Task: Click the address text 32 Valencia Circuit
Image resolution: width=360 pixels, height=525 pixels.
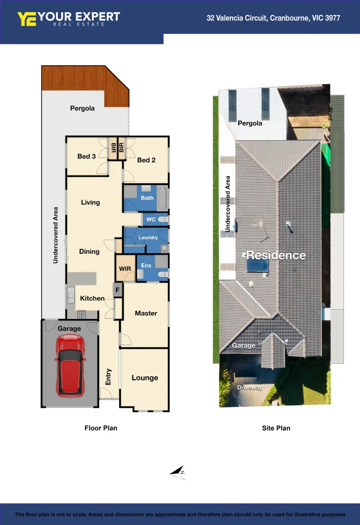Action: pos(273,18)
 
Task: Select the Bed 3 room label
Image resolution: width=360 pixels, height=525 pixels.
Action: pos(86,156)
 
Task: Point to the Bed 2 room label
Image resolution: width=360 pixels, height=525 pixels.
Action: pos(146,160)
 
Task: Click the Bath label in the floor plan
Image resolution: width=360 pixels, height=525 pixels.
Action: pos(147,198)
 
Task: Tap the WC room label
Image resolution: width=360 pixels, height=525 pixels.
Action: pos(151,220)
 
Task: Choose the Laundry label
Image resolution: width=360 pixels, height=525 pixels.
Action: pos(148,238)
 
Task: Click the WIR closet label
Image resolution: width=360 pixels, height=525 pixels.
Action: pos(125,269)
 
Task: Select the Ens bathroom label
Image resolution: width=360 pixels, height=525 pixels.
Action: pos(146,265)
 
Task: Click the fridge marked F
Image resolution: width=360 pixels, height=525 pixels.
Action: pos(118,290)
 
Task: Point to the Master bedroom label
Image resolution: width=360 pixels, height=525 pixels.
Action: pos(146,313)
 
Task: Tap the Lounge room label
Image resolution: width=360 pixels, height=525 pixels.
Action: pos(145,378)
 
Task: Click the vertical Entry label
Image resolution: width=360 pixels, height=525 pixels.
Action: pos(108,377)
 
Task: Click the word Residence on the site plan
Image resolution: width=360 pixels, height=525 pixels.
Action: pos(276,255)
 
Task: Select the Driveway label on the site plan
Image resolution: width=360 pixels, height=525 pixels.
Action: pos(250,388)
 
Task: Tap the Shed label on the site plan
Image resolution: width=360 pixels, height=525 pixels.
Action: pos(332,114)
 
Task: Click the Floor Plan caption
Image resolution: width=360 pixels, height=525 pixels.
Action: pos(101,428)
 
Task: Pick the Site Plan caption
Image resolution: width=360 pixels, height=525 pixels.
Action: pos(276,428)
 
